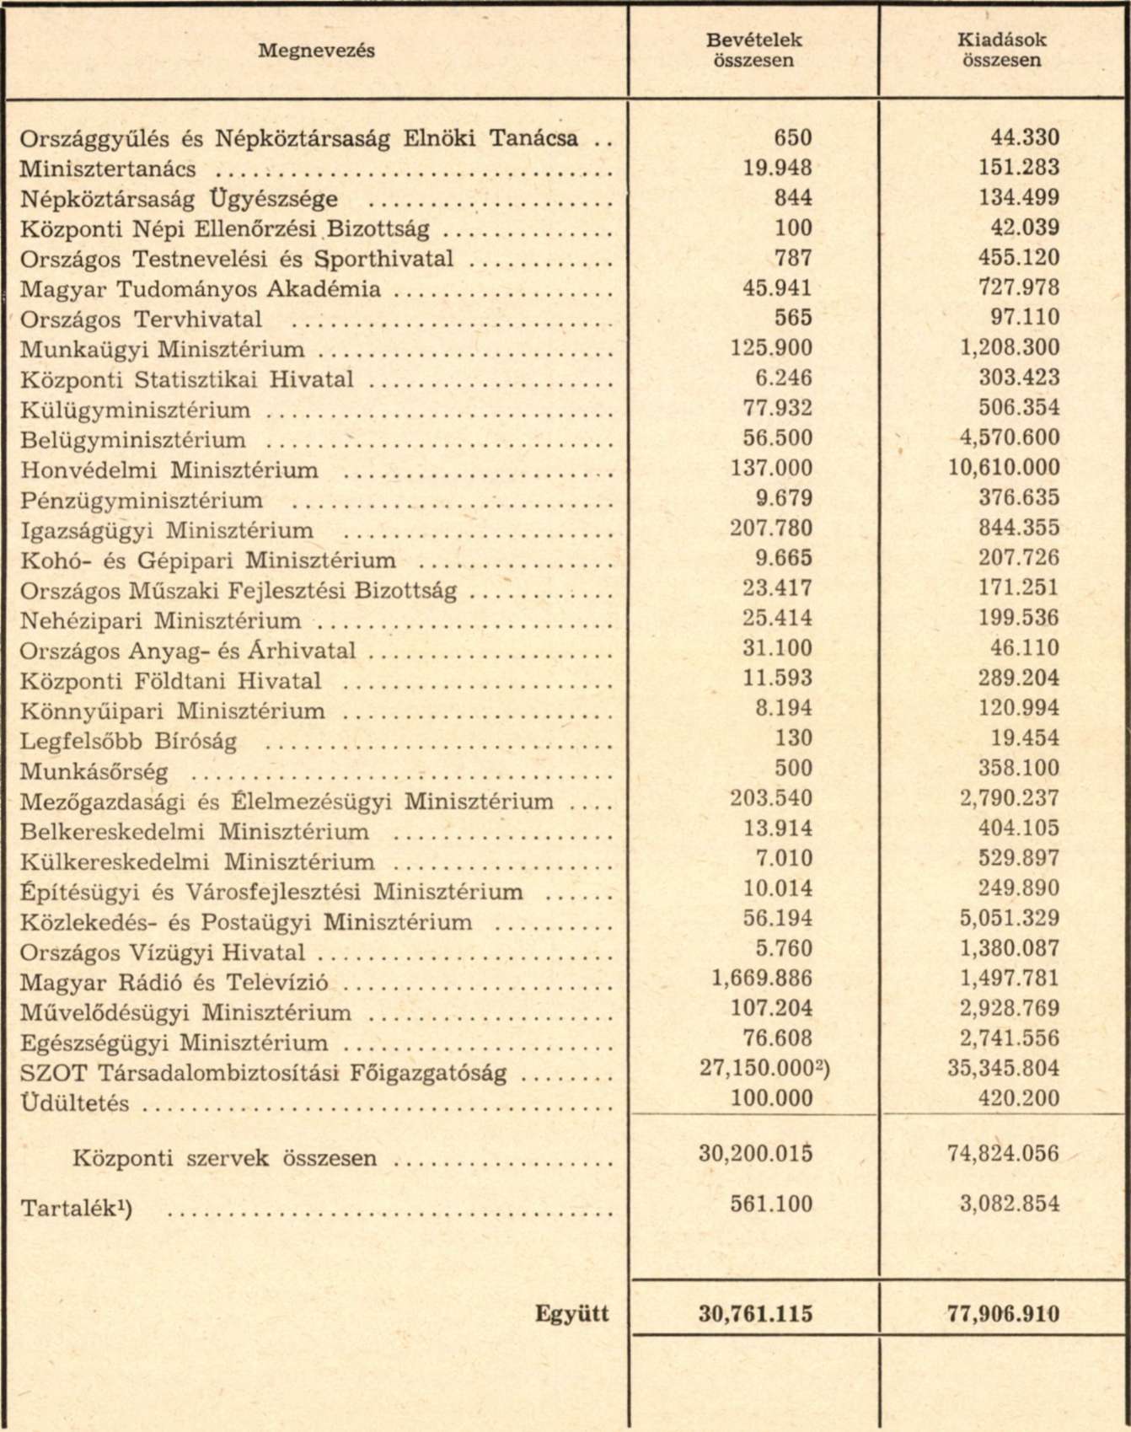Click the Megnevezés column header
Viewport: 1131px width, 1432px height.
316,51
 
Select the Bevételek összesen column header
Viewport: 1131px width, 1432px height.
753,51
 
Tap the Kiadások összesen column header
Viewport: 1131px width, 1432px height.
1002,51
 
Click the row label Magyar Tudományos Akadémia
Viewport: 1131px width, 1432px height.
200,290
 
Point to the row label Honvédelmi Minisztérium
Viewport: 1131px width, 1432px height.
169,470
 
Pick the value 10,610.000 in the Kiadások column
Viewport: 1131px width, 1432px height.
1004,468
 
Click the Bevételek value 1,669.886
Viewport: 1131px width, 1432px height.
756,979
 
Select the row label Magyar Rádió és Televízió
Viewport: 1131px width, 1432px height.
174,984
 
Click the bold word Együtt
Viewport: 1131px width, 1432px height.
571,1314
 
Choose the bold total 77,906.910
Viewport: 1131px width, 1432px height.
1003,1314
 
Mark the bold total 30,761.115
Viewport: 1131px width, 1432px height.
755,1314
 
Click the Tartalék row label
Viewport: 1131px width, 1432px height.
76,1209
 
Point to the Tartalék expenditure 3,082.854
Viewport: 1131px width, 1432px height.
1010,1204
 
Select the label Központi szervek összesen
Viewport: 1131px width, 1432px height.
225,1158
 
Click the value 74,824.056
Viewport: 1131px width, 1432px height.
1003,1153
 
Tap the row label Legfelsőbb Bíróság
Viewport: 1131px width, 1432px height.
128,742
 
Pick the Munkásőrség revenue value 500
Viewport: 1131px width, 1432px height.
792,769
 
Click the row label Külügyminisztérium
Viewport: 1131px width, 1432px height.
135,410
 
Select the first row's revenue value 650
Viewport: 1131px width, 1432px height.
792,138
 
